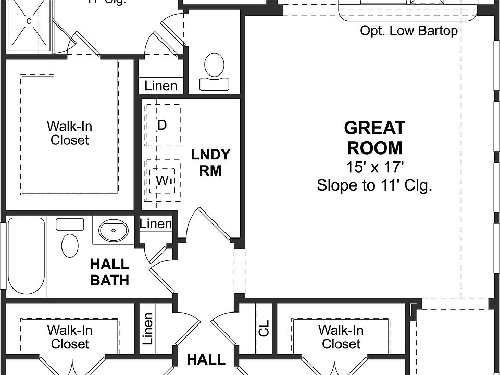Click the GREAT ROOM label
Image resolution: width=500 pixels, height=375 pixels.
tap(374, 138)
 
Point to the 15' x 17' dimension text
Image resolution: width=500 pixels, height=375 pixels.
tap(374, 167)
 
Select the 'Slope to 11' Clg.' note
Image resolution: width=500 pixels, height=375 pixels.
tap(374, 185)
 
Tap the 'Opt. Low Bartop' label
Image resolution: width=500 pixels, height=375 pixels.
tap(408, 31)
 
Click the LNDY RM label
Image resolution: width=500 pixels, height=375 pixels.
tap(210, 162)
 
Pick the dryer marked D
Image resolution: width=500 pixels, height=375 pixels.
tap(162, 125)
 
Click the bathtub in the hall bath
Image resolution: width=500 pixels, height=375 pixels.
tap(26, 256)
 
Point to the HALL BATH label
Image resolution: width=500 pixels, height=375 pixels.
tap(109, 272)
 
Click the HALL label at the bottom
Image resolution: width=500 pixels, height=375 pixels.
tap(206, 359)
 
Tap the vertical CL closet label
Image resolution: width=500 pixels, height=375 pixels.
tap(264, 328)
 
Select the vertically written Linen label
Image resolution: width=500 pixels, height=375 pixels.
tap(148, 329)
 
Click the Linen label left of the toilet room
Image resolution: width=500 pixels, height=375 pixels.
tap(160, 86)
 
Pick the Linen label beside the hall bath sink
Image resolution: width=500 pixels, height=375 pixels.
tap(156, 224)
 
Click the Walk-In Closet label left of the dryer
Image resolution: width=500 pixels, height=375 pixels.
tap(69, 133)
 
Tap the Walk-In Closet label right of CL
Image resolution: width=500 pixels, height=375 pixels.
tap(341, 337)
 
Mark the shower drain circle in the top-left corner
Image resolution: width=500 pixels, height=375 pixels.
tap(29, 21)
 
